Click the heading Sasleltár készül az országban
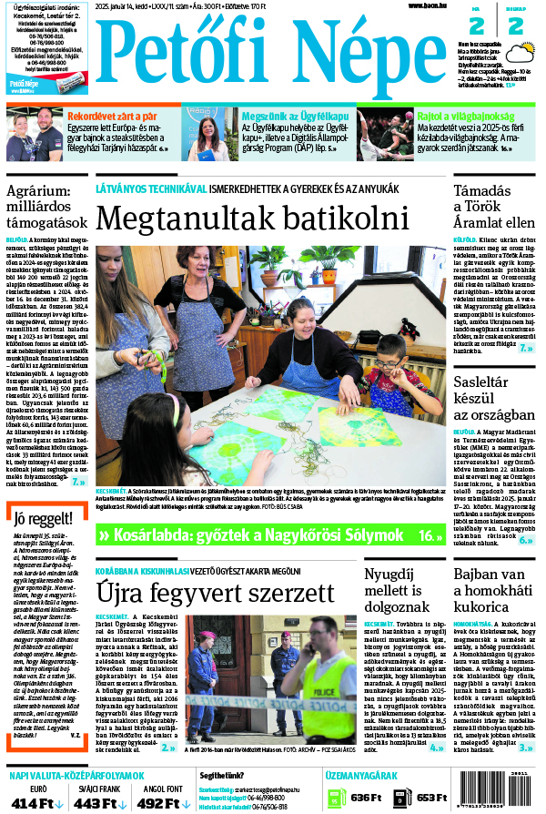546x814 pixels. pos(492,397)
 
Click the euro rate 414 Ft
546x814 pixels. pos(33,802)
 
